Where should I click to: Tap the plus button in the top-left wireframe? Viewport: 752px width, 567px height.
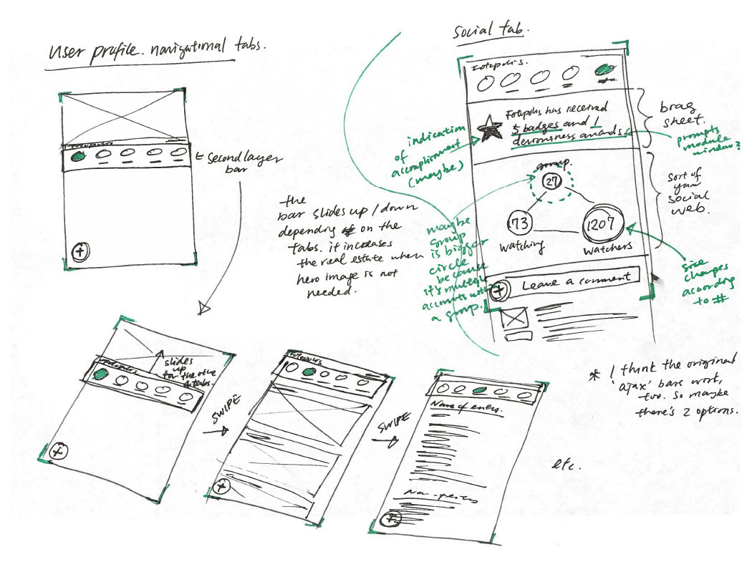click(x=81, y=251)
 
